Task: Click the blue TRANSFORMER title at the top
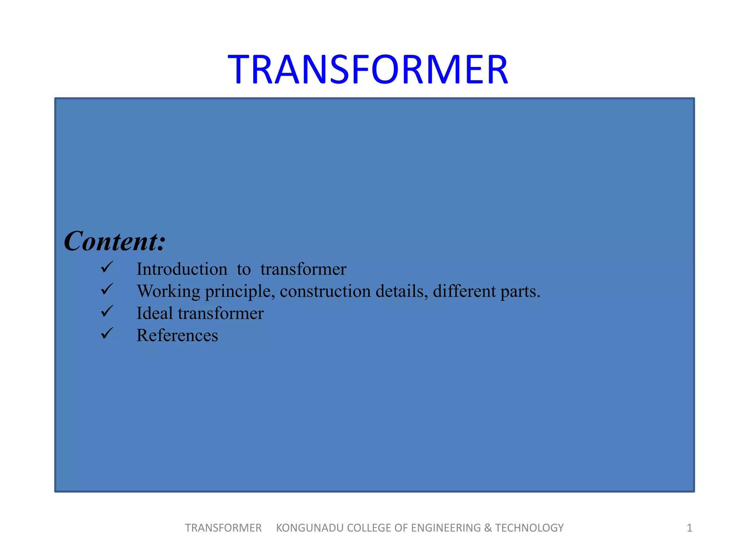point(368,69)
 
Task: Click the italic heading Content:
point(114,241)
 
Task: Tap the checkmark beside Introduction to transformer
point(107,267)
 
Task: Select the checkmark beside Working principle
point(107,289)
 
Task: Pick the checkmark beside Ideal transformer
point(107,311)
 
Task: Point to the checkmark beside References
point(107,333)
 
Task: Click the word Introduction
point(182,269)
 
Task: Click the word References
point(177,336)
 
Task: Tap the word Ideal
point(154,313)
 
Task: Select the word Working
point(168,291)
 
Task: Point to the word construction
point(325,291)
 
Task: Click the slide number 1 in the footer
point(689,528)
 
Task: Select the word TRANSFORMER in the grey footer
point(223,528)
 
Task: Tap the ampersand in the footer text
point(488,528)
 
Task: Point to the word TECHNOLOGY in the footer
point(529,528)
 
